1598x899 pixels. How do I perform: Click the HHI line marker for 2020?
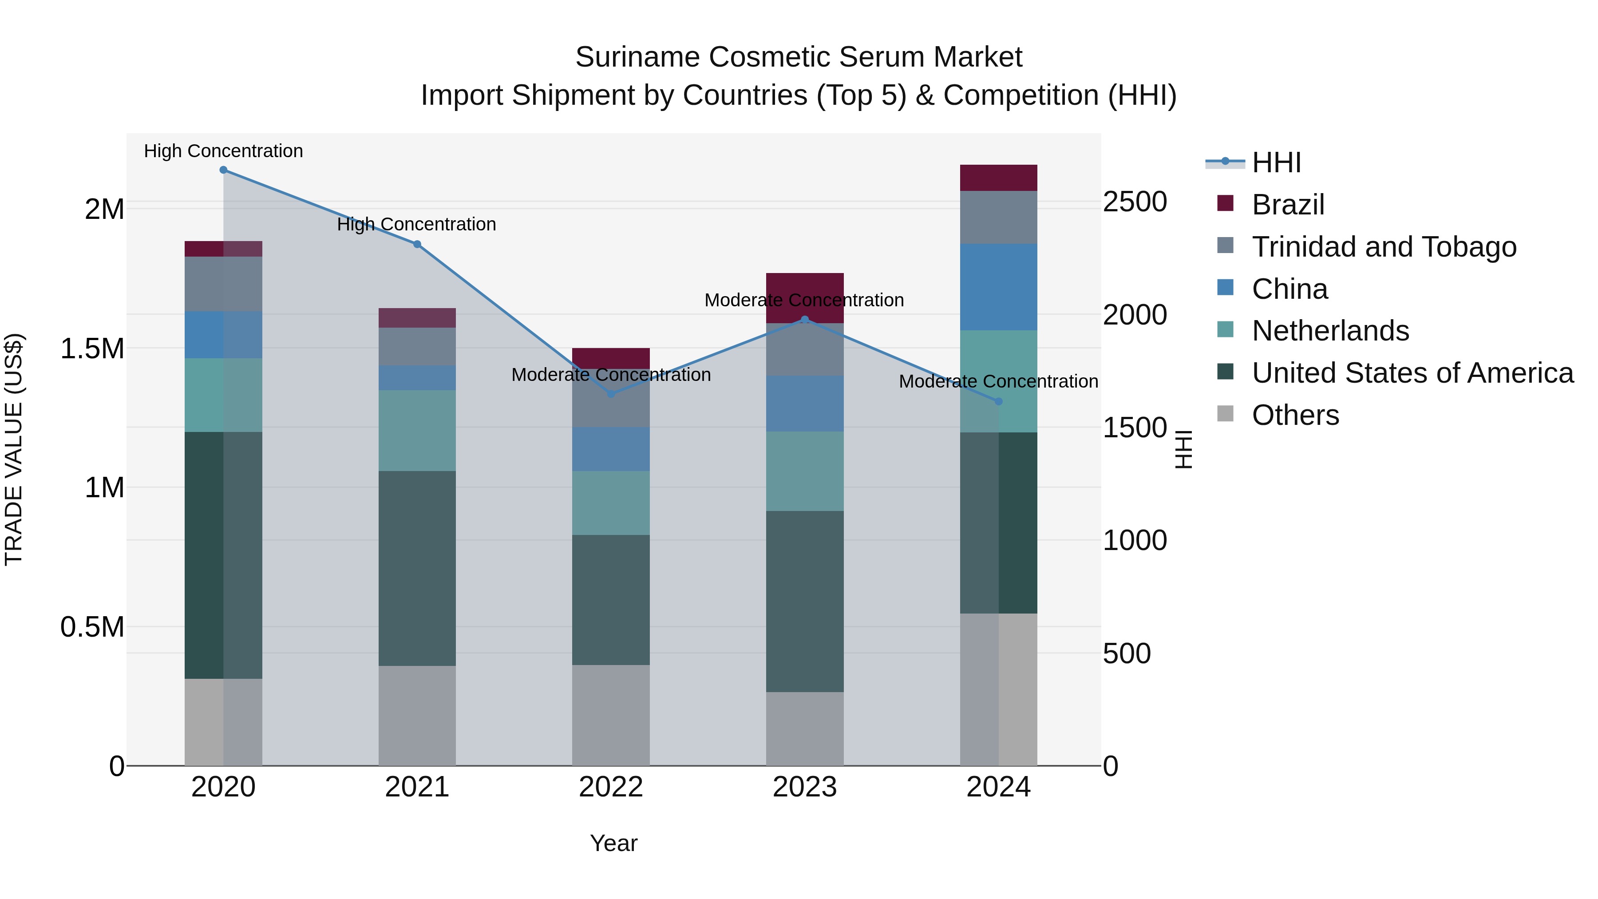pos(223,170)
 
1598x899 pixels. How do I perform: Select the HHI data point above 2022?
pos(611,394)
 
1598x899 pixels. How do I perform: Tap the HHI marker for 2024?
pos(998,401)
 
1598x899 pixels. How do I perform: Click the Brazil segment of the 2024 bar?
pos(998,178)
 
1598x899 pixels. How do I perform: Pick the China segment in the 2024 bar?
pos(998,287)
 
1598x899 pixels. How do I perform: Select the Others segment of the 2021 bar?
pos(417,715)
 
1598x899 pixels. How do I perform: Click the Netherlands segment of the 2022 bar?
pos(611,503)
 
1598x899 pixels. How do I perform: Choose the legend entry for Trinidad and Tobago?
pos(1383,247)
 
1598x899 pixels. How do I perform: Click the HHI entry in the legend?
pos(1276,162)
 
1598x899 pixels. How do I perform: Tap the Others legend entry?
pos(1295,415)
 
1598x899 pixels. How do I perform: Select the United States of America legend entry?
pos(1412,373)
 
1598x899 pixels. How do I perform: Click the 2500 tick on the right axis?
pos(1135,202)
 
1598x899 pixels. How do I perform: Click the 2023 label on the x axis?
pos(805,787)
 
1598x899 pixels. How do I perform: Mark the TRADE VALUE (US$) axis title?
pos(14,449)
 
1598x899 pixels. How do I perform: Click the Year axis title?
pos(613,843)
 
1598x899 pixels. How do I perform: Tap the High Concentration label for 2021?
pos(416,224)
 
